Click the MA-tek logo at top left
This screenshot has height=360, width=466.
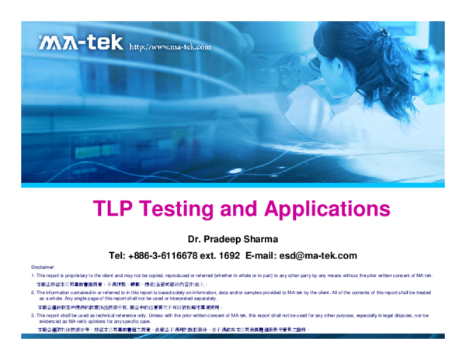click(x=81, y=42)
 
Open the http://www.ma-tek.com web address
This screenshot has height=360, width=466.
click(x=170, y=47)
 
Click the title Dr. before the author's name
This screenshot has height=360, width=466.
click(x=198, y=238)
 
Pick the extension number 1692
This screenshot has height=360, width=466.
click(x=228, y=255)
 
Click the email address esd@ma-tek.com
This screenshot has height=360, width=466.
click(x=320, y=255)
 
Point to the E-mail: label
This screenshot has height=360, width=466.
click(x=264, y=255)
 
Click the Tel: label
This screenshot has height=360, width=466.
click(x=117, y=255)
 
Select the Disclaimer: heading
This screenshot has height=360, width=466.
click(x=43, y=267)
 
